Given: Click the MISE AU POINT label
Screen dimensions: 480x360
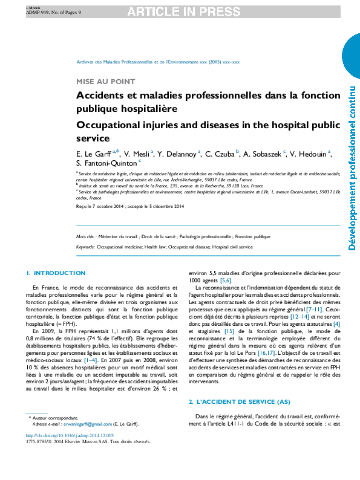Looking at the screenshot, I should tap(105, 82).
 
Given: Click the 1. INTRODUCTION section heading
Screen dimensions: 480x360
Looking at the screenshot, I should tap(56, 273).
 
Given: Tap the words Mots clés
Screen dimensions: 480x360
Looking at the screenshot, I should tap(86, 237).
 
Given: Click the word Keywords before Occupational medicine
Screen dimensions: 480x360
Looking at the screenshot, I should tap(85, 247).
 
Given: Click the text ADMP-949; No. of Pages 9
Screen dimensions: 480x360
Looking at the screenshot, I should tap(50, 11).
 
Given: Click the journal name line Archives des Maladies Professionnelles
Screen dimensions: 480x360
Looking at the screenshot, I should tap(158, 62).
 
